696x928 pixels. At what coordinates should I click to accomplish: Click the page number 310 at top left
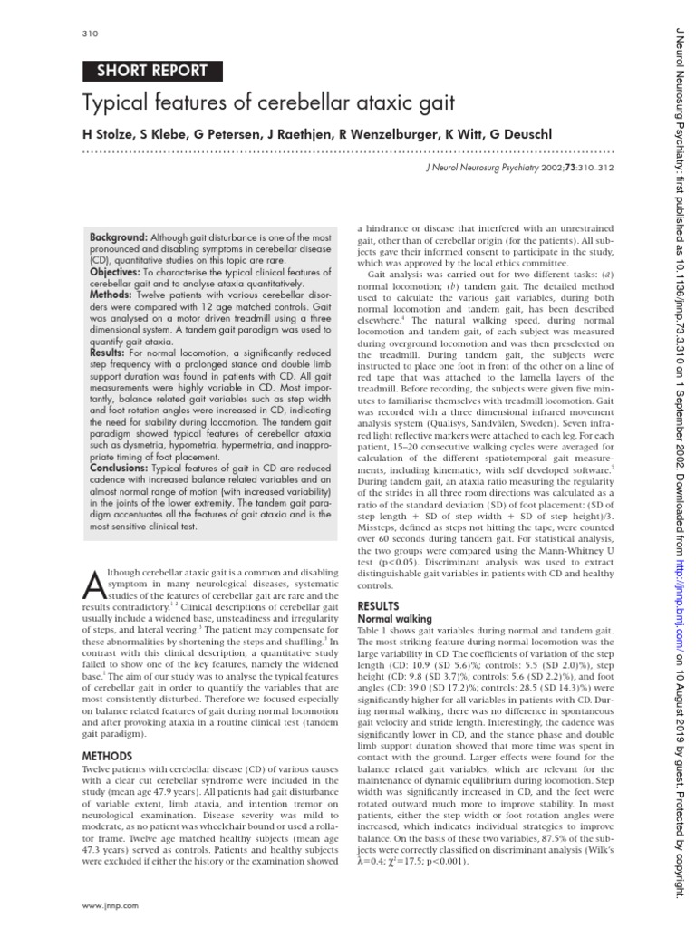pos(89,34)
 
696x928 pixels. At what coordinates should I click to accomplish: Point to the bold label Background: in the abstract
pos(119,237)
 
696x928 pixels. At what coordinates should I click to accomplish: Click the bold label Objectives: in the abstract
pos(115,272)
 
